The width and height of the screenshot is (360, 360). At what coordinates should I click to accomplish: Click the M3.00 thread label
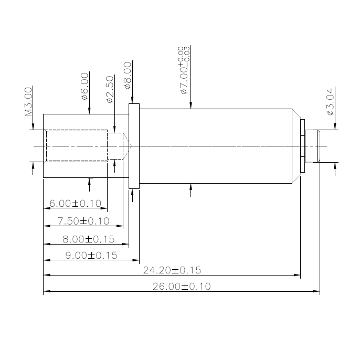coord(29,101)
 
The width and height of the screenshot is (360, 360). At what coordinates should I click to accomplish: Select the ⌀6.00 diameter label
coord(84,87)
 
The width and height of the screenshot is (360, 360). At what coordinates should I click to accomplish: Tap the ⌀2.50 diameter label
coord(110,89)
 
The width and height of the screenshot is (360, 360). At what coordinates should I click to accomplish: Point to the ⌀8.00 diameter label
coord(128,76)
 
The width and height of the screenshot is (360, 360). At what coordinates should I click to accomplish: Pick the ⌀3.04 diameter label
coord(330,102)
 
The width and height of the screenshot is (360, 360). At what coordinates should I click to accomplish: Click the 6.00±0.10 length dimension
coord(75,203)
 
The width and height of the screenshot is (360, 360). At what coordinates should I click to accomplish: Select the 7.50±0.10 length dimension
coord(83,221)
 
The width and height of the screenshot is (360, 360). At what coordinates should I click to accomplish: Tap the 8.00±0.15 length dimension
coord(88,239)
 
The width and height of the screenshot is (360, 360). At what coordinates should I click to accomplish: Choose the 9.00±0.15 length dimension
coord(91,256)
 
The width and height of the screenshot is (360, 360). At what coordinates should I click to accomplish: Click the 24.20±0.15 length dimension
coord(172,271)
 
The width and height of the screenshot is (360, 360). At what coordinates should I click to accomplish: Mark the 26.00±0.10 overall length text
coord(181,287)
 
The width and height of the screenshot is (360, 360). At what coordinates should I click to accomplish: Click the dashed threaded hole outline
coord(76,145)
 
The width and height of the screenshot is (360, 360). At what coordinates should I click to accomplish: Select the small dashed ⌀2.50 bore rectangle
coord(114,145)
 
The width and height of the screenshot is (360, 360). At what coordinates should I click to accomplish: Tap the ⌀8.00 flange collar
coord(134,145)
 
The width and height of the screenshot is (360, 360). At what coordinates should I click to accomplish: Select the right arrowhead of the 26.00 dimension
coord(316,291)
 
